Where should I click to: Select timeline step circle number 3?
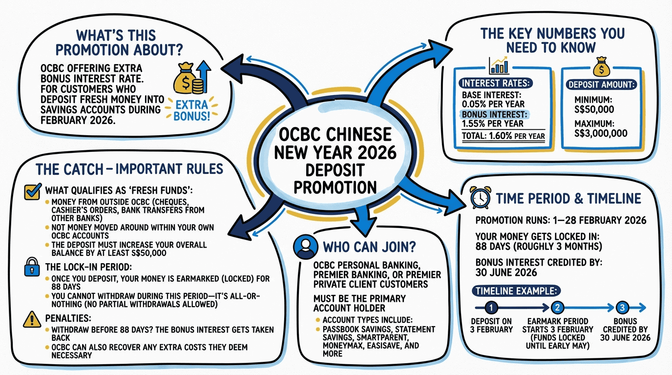[622, 307]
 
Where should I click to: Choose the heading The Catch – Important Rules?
[129, 169]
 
